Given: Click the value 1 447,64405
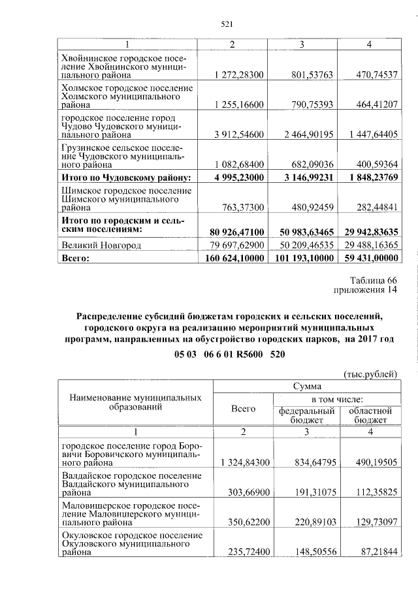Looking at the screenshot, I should pyautogui.click(x=372, y=135).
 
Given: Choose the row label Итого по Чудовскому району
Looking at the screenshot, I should pyautogui.click(x=125, y=177).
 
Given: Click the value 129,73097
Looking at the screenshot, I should pyautogui.click(x=372, y=523).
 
